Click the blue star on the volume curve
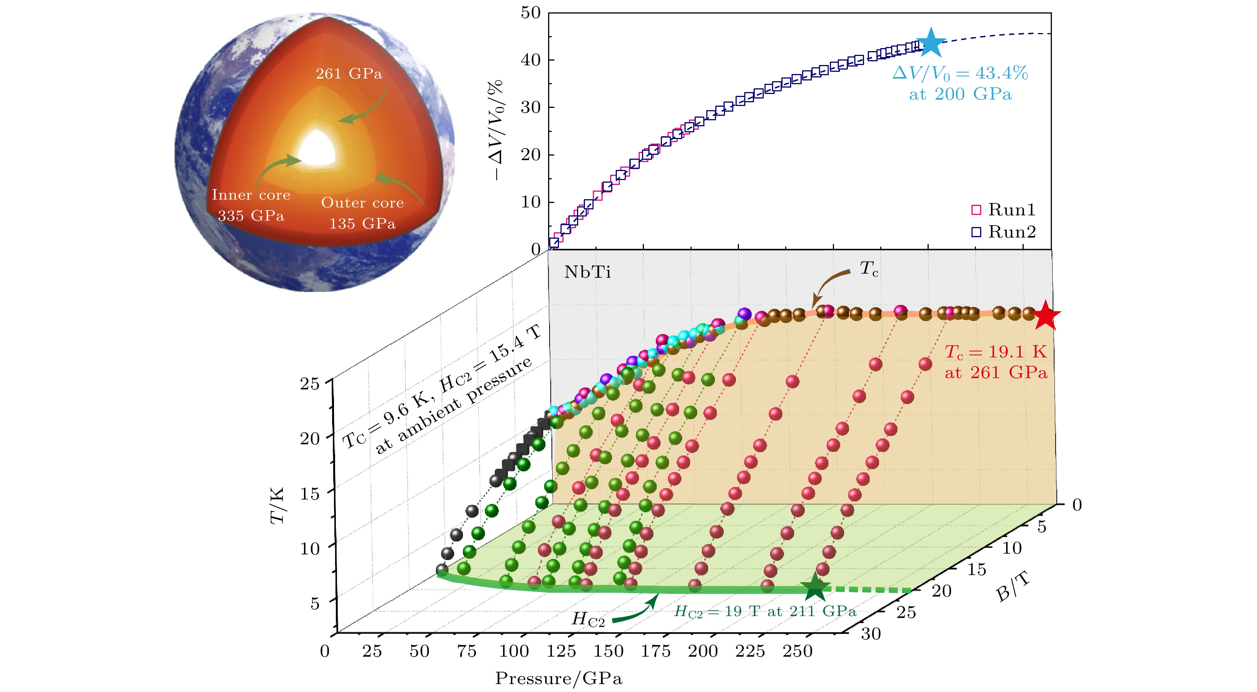(x=931, y=42)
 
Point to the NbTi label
(x=587, y=272)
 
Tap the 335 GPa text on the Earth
(x=251, y=215)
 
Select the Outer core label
(x=362, y=202)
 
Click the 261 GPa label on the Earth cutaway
(x=349, y=74)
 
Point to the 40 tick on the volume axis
(x=531, y=60)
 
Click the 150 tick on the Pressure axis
(x=608, y=651)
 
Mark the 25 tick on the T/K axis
(x=310, y=383)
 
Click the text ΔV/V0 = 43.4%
(x=960, y=73)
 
